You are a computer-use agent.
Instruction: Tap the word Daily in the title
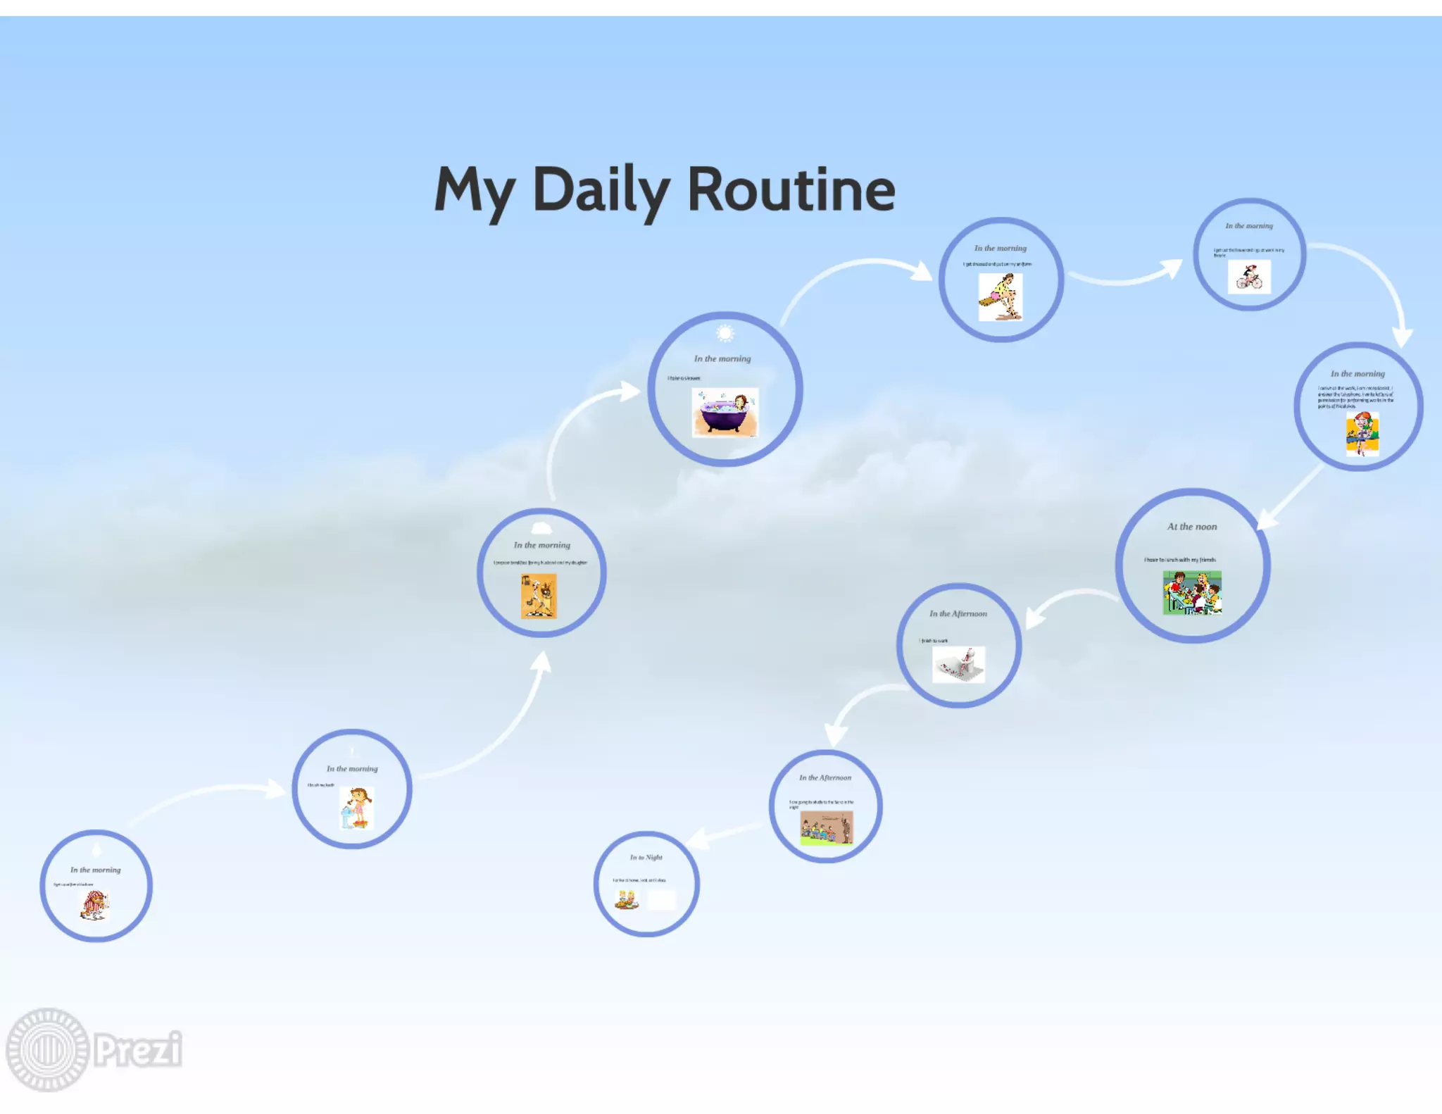coord(601,190)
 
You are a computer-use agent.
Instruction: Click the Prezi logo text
coord(138,1049)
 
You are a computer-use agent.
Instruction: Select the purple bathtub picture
coord(725,413)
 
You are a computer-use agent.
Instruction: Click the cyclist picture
coord(1249,277)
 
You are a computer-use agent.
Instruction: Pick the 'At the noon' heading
coord(1191,527)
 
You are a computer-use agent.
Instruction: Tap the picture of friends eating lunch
coord(1192,593)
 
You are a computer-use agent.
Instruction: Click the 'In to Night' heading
coord(646,857)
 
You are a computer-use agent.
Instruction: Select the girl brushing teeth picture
coord(357,808)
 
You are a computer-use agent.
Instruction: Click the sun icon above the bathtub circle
coord(725,333)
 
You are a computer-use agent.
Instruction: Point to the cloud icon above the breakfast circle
coord(541,527)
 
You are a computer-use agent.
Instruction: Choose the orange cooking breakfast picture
coord(539,596)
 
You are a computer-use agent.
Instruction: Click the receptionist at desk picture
coord(1362,434)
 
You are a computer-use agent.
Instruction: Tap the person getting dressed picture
coord(1000,297)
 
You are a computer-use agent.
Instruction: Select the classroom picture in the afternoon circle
coord(827,827)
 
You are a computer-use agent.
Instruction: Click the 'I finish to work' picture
coord(958,665)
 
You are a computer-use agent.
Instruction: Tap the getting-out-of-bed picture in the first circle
coord(94,905)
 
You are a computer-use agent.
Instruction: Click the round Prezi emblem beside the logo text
coord(47,1049)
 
